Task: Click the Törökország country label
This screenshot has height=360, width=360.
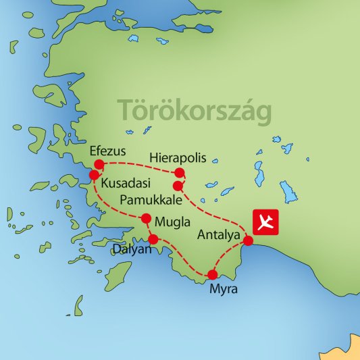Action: pos(195,110)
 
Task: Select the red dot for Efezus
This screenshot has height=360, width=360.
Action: pos(99,164)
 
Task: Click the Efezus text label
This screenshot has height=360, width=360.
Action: pos(107,151)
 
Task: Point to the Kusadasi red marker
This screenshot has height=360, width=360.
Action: pos(94,175)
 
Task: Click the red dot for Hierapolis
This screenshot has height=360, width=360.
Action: pos(179,172)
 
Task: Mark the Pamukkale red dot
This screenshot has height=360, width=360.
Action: pos(177,185)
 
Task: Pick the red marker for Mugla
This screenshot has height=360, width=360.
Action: pos(145,217)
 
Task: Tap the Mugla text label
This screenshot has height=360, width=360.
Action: pos(172,222)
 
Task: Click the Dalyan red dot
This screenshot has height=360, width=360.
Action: pos(153,239)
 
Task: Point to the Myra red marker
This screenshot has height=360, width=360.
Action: pos(213,274)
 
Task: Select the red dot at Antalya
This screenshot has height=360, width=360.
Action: pos(248,240)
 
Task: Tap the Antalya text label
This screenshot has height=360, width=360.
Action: pos(220,236)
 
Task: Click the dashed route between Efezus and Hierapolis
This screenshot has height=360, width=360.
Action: pos(138,165)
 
